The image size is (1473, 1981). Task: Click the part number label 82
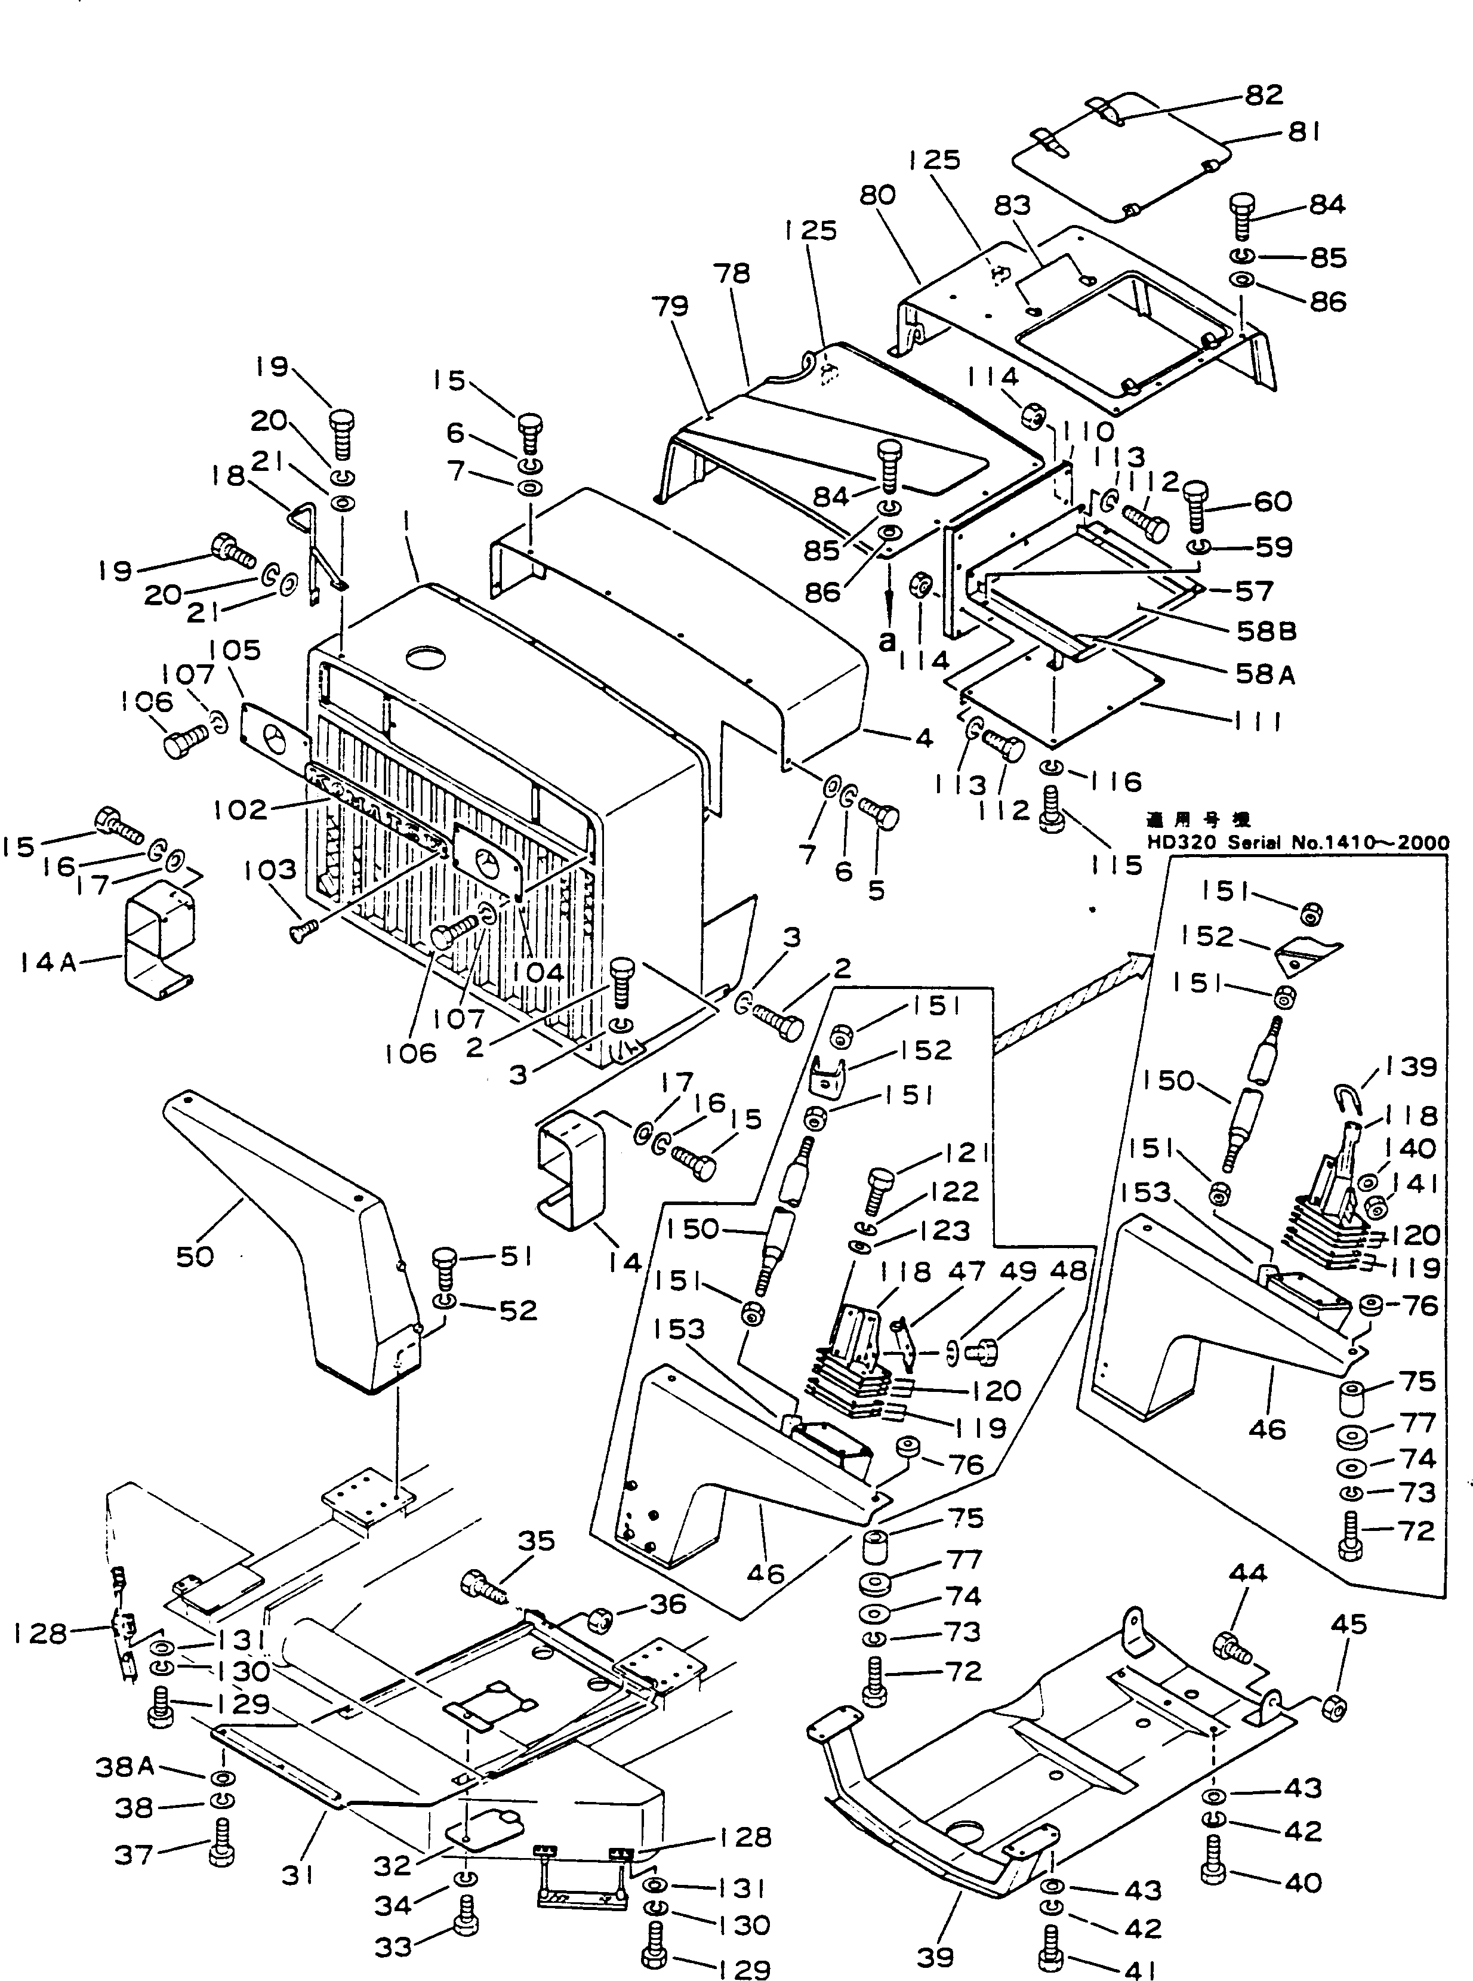coord(1264,94)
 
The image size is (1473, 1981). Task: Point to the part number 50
coord(195,1257)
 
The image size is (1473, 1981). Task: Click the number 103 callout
coord(270,870)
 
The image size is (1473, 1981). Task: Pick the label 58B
coord(1266,632)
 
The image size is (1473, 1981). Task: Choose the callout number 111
coord(1257,720)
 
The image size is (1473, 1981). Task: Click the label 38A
coord(125,1767)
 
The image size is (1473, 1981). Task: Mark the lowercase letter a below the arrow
coord(886,641)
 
